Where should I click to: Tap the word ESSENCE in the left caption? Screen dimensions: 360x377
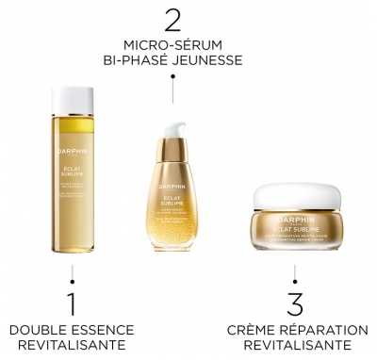pyautogui.click(x=97, y=330)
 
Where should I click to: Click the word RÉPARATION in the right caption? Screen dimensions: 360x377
pyautogui.click(x=323, y=330)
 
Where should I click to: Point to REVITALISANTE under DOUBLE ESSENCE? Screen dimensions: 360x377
pyautogui.click(x=72, y=346)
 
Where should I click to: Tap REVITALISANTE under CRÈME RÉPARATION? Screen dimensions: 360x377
pyautogui.click(x=296, y=346)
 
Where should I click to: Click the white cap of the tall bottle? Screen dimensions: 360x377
pyautogui.click(x=71, y=101)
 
